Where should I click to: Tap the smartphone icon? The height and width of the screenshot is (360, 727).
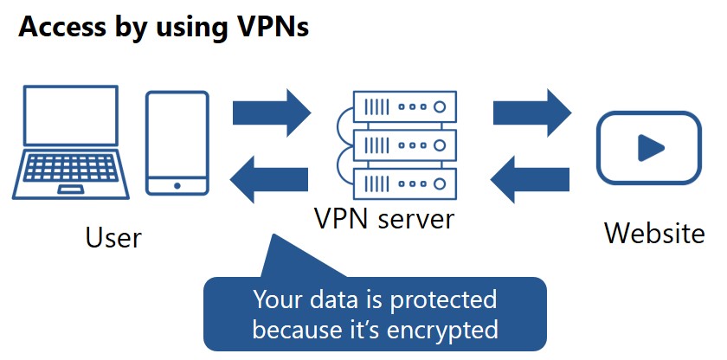177,143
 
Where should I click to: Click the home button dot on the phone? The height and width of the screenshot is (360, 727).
177,185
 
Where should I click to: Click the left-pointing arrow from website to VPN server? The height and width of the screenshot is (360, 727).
530,178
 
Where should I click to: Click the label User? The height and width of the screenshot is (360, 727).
113,237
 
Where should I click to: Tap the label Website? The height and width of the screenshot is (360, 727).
654,233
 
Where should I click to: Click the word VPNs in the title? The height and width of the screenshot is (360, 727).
269,27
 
